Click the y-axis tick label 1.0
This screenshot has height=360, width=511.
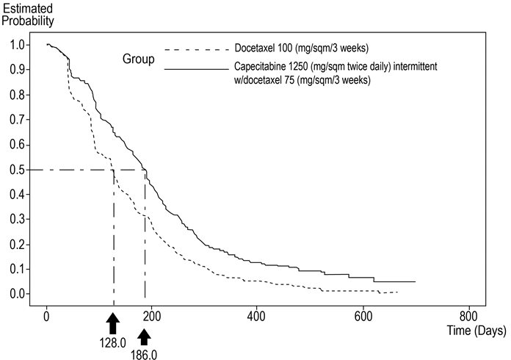(x=15, y=45)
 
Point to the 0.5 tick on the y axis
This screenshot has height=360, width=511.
(x=15, y=170)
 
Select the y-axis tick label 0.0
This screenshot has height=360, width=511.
(x=15, y=294)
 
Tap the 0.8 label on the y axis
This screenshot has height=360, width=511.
(x=15, y=95)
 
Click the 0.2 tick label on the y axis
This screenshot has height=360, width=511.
(x=15, y=244)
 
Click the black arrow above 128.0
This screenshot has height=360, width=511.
(x=112, y=322)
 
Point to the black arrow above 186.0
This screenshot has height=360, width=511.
(x=145, y=336)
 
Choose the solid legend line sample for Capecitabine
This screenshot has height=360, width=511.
(x=195, y=68)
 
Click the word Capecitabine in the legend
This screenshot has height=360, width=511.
(x=264, y=67)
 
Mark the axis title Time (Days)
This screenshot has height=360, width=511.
(x=476, y=331)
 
